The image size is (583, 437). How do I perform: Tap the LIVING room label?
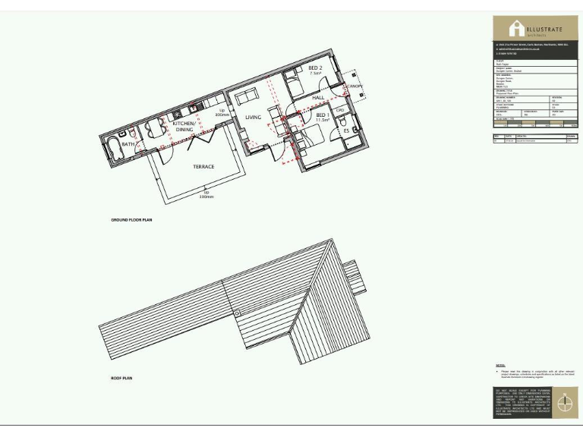click(x=253, y=118)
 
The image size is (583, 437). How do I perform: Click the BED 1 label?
click(x=321, y=115)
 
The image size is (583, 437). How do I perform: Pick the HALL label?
click(x=319, y=98)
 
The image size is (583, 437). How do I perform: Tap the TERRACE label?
click(x=203, y=167)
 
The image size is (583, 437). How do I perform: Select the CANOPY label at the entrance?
click(x=357, y=86)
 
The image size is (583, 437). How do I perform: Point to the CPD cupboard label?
click(x=341, y=110)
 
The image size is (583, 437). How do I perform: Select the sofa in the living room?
click(x=244, y=98)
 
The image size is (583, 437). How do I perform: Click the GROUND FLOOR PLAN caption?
click(x=132, y=220)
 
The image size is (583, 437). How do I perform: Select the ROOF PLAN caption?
click(x=121, y=378)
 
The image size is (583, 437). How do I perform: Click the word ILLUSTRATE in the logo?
click(x=546, y=30)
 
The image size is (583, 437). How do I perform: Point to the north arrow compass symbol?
click(x=563, y=404)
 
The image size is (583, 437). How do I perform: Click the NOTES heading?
click(x=500, y=366)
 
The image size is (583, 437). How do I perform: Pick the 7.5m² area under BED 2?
click(x=316, y=75)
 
